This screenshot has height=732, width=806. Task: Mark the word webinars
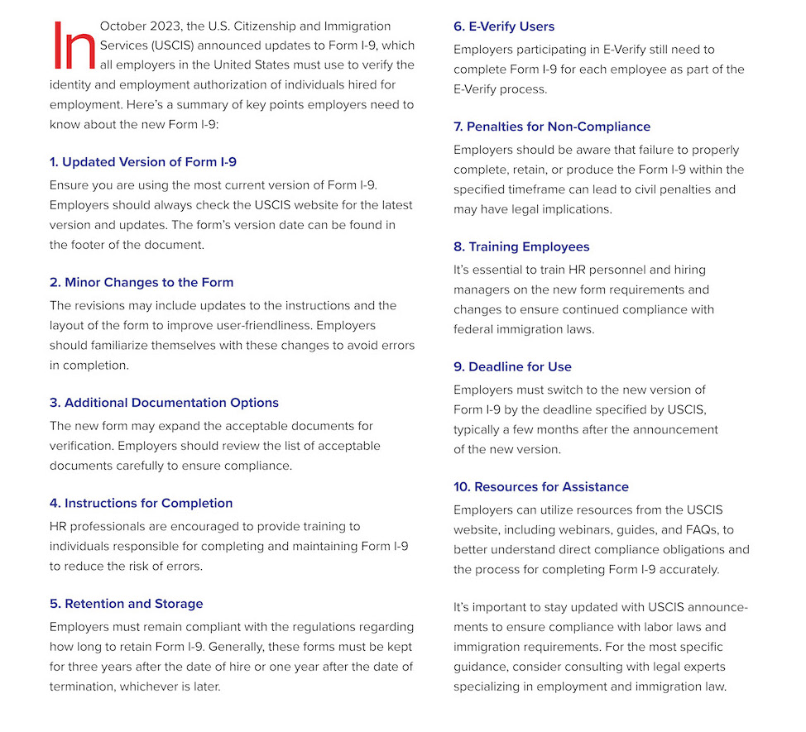pos(619,529)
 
